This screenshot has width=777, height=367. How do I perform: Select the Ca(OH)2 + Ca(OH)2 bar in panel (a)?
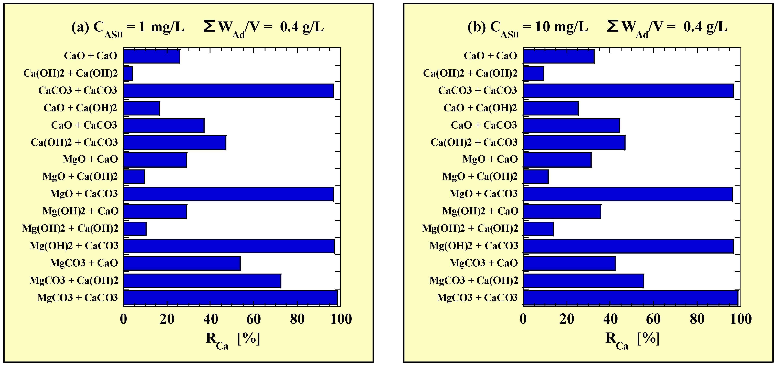point(128,74)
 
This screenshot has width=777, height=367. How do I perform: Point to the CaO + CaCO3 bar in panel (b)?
point(571,126)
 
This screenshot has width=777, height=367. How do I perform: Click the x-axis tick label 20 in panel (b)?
point(567,319)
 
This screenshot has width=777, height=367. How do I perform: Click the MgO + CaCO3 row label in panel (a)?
point(84,194)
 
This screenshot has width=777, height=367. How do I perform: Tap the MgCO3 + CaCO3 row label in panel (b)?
point(477,298)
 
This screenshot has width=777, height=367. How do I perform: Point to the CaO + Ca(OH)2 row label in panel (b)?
point(480,108)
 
